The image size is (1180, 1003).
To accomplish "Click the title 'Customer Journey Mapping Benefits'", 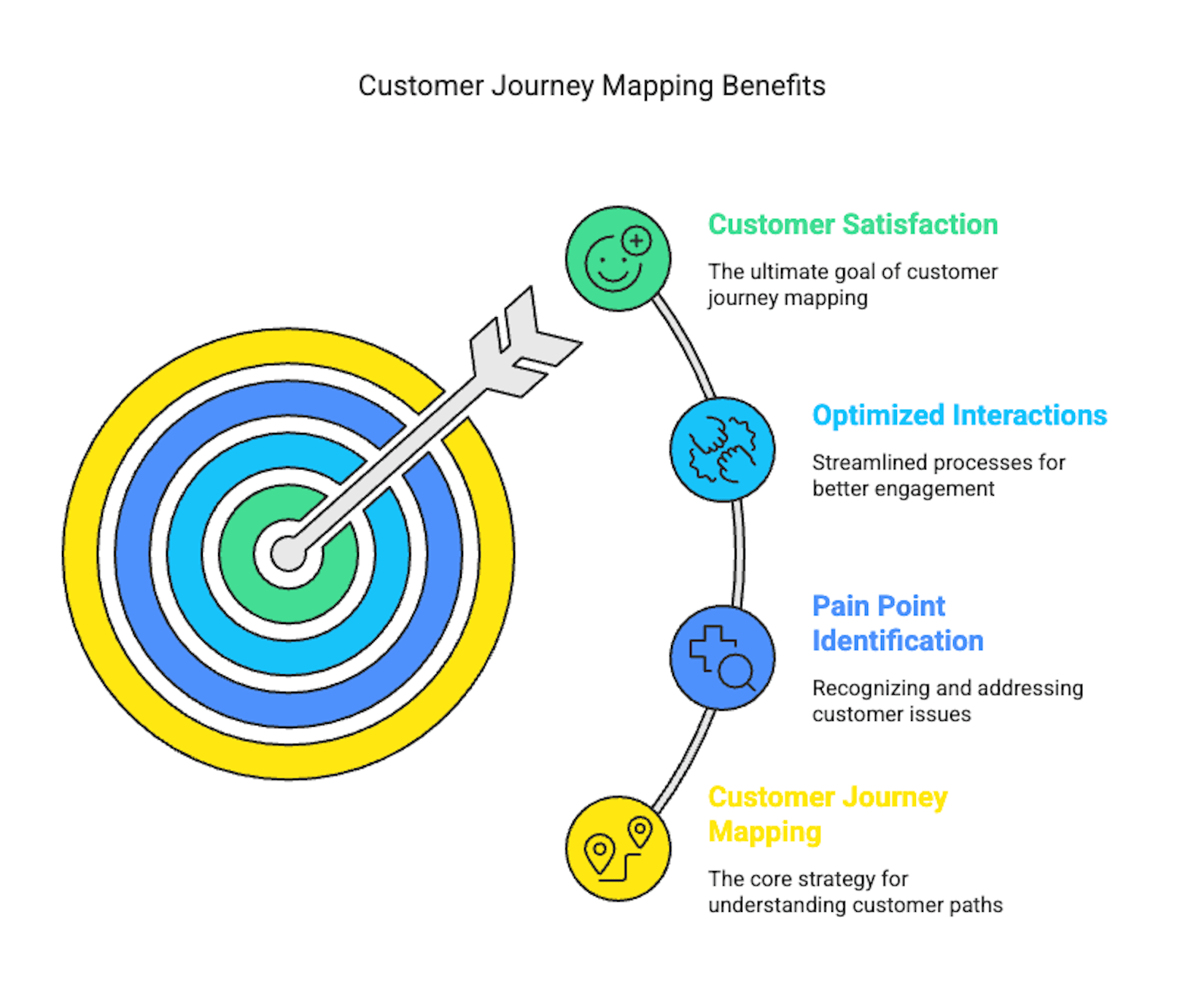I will [x=591, y=85].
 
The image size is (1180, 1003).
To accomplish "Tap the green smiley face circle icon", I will [x=618, y=259].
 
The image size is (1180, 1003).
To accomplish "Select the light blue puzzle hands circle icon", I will [x=722, y=450].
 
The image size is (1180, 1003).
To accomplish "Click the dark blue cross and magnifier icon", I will [x=722, y=657].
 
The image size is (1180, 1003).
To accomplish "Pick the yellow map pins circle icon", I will [x=618, y=848].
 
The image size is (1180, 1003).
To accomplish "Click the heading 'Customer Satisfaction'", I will [x=853, y=225].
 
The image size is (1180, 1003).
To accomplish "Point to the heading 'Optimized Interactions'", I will [x=959, y=415].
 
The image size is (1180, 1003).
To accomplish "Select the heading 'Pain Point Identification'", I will [x=897, y=624].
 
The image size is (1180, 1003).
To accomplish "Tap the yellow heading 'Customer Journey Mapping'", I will [x=827, y=814].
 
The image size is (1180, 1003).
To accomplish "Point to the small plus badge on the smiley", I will [x=637, y=240].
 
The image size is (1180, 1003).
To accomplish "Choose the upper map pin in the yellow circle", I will [x=640, y=831].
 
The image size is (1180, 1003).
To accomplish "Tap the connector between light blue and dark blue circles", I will [x=738, y=554].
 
